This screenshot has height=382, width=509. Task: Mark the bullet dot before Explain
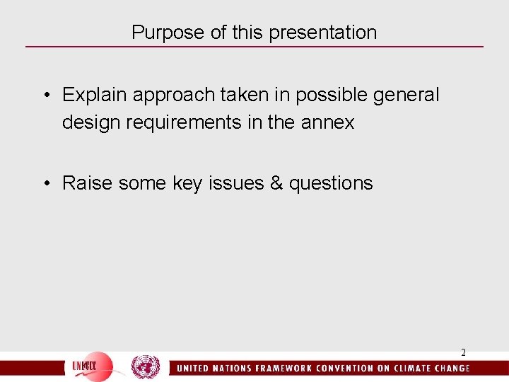(x=46, y=95)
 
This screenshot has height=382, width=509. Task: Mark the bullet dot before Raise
(x=46, y=183)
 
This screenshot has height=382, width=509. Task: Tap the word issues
(x=235, y=183)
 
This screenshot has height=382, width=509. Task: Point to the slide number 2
(x=463, y=352)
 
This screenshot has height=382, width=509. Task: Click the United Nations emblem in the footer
(x=146, y=367)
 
